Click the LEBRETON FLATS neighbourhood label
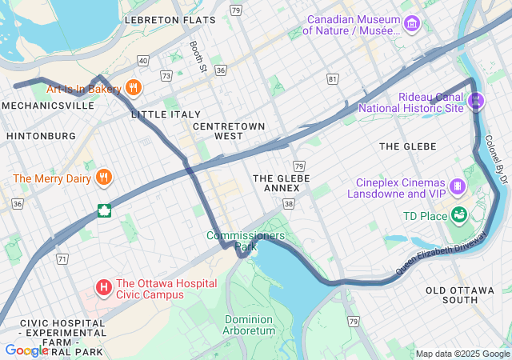pos(170,19)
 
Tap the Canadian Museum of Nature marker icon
pos(411,24)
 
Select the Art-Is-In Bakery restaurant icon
pos(134,88)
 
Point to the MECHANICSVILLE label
pos(48,105)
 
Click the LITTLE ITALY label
pos(166,114)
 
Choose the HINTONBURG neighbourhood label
pos(41,136)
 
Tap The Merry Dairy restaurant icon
pos(102,178)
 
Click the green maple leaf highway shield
pos(102,211)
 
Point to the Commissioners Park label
pos(245,241)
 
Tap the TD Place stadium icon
pos(458,214)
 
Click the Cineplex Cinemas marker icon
pos(457,186)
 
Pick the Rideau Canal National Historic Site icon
pos(477,101)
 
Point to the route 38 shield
pos(288,204)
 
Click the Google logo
pos(26,350)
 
